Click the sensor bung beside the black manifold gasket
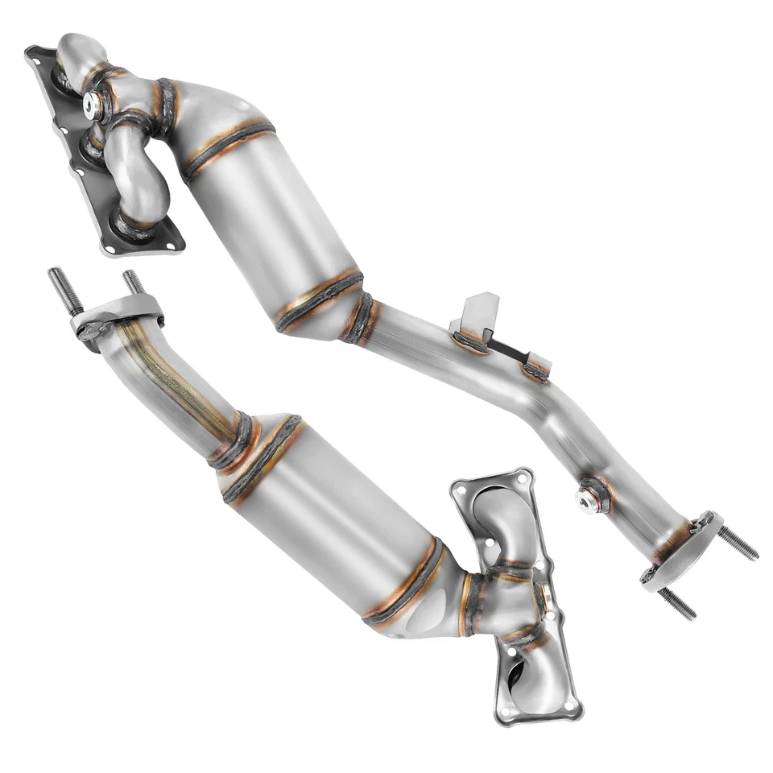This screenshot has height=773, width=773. click(x=95, y=103)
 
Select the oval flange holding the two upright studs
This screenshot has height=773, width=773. click(x=113, y=316)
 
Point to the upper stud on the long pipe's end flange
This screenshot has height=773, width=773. click(x=737, y=544)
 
